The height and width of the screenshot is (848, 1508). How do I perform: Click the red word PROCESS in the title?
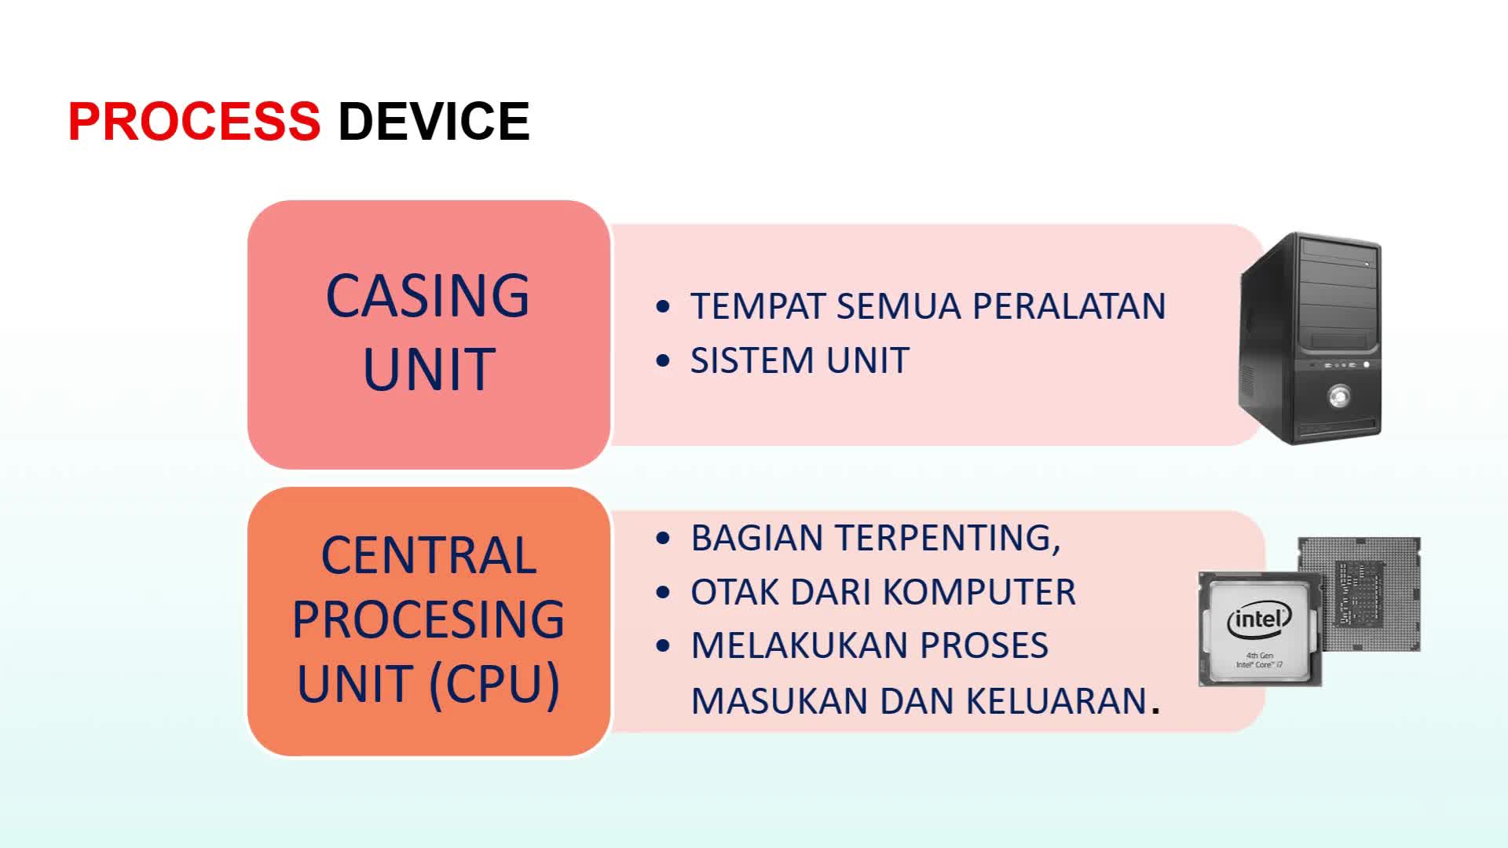[194, 122]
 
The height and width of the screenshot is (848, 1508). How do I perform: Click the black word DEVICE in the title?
[434, 122]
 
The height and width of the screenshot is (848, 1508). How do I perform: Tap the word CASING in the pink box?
[428, 296]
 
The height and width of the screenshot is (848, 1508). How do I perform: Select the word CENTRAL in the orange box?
[429, 556]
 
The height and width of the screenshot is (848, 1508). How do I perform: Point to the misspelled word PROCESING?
[429, 620]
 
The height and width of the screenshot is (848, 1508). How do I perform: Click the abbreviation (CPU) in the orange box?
[495, 684]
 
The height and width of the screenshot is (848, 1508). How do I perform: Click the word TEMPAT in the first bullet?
[757, 306]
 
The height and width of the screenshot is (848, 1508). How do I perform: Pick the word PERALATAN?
[1069, 306]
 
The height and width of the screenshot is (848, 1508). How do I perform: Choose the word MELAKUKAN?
[800, 645]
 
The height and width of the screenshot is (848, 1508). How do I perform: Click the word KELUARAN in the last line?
[1056, 701]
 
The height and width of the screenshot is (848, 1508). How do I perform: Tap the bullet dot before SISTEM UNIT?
[663, 361]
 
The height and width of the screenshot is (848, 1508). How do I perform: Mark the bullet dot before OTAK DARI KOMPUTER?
[663, 592]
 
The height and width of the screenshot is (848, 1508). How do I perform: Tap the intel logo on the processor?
[1260, 620]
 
